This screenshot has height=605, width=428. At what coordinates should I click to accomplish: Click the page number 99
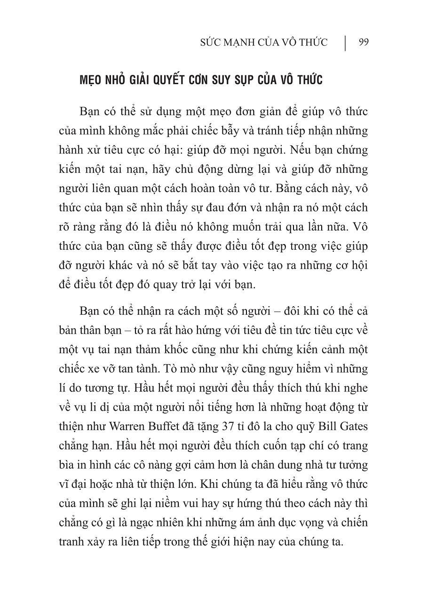click(x=363, y=42)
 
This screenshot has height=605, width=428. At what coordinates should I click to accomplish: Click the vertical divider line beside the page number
click(x=346, y=42)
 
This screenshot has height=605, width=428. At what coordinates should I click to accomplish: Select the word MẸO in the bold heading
click(x=93, y=80)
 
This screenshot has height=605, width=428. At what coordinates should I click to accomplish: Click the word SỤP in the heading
click(x=269, y=80)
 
